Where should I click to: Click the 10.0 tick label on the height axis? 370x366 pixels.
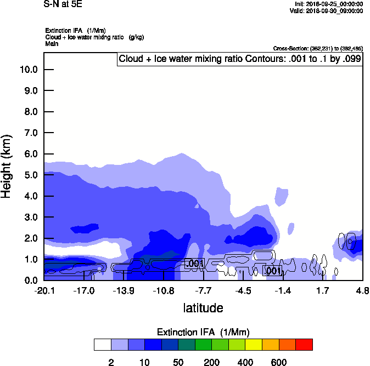[28, 70]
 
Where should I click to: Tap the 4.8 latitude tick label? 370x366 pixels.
[362, 290]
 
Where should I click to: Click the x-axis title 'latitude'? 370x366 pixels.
[203, 308]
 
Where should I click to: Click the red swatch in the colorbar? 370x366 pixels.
[304, 345]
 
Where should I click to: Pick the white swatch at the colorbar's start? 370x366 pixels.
[102, 345]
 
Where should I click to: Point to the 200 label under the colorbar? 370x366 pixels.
[211, 362]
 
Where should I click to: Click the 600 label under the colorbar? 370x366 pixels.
[279, 362]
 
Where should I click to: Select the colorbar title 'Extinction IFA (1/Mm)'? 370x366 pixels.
[203, 333]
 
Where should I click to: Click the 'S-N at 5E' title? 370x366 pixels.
[62, 4]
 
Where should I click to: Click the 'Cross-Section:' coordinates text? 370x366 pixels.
[318, 49]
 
